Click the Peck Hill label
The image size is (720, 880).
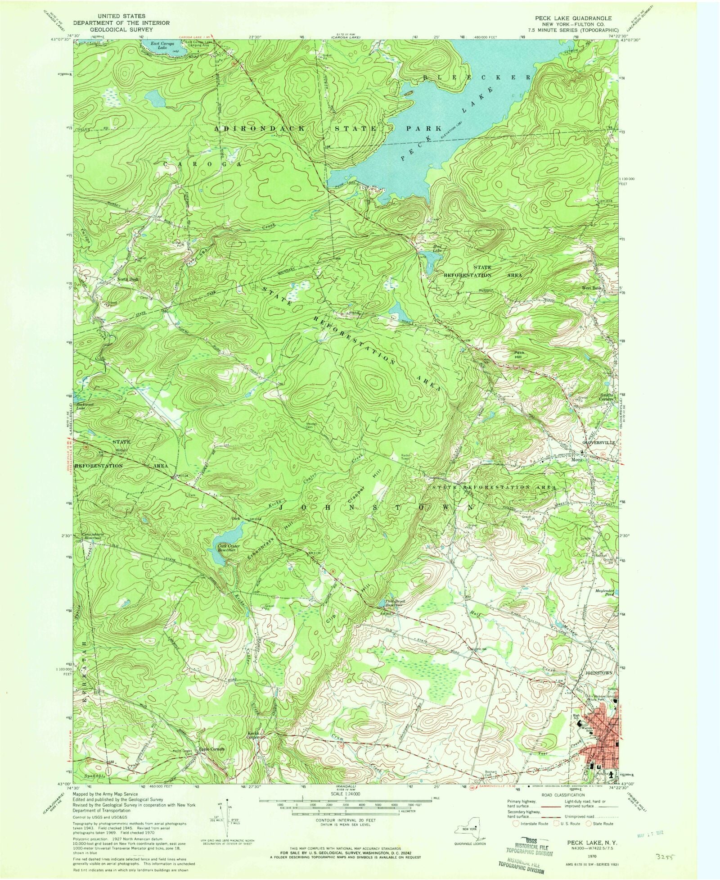pyautogui.click(x=520, y=354)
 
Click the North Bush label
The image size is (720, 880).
pyautogui.click(x=128, y=279)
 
